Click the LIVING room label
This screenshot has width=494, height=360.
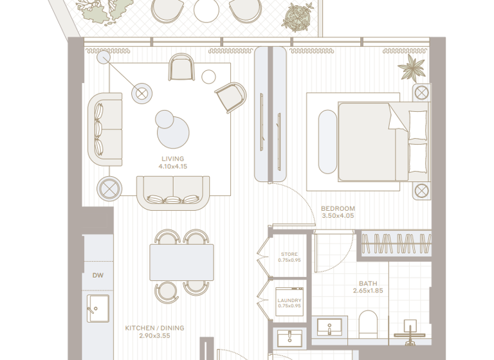(172, 159)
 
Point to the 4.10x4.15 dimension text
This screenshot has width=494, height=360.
(172, 166)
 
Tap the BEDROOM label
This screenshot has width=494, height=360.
(338, 208)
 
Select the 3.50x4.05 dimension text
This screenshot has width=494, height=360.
(338, 216)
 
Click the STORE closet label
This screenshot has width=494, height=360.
(289, 255)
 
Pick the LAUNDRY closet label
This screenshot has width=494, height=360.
(289, 300)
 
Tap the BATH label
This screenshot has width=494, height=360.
(369, 283)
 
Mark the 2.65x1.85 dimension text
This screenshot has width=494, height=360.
(369, 291)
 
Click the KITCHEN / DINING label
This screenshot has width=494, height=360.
(154, 328)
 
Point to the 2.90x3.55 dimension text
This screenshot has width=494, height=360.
(154, 336)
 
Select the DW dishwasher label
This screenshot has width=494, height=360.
(98, 276)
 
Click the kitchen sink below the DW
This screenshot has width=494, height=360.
(98, 309)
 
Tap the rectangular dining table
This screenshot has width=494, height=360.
(182, 262)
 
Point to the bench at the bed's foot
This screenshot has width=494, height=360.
(325, 142)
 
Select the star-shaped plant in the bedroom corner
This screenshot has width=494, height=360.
(410, 67)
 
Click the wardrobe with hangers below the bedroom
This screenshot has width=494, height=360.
(396, 244)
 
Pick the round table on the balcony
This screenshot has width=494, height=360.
(206, 10)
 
